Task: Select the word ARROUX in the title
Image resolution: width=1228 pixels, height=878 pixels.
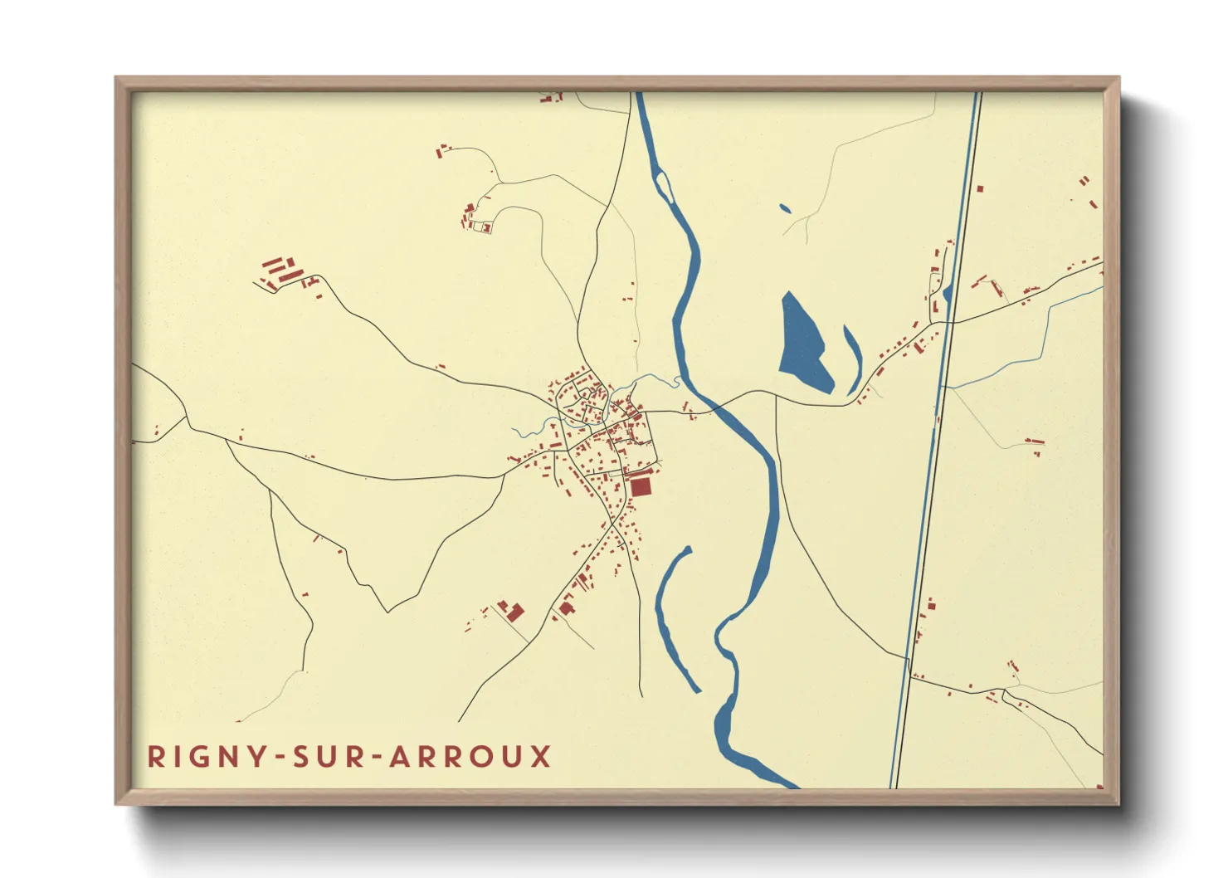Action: [470, 757]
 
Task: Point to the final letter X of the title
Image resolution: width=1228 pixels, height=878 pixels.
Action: [541, 757]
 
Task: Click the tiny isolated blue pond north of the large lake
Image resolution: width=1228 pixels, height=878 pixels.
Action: [785, 208]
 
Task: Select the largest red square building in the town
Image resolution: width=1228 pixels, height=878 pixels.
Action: [641, 485]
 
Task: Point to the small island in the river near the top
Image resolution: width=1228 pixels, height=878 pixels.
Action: [663, 184]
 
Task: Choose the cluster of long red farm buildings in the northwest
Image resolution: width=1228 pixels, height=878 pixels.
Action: [280, 270]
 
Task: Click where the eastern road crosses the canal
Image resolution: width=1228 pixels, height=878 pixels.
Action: [952, 322]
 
